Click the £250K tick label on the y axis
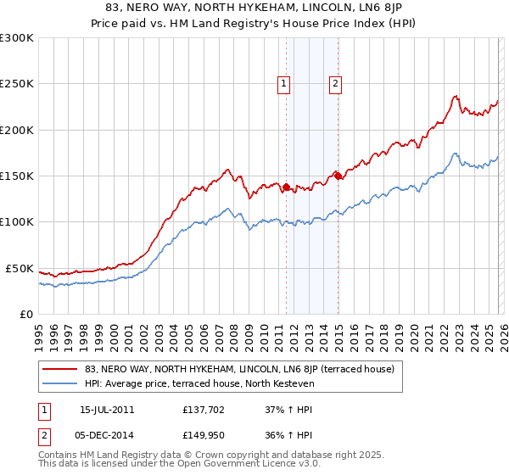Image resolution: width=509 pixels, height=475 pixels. (17, 84)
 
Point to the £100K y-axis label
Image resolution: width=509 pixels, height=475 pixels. (17, 222)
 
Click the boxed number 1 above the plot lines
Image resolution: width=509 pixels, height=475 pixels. (282, 83)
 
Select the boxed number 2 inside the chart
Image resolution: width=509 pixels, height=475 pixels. (336, 83)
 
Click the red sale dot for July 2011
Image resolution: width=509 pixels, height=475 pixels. (287, 187)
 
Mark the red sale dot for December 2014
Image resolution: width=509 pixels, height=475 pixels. (338, 176)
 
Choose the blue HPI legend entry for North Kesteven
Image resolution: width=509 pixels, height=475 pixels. (199, 383)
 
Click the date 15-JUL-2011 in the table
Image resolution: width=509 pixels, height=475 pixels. (111, 410)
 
